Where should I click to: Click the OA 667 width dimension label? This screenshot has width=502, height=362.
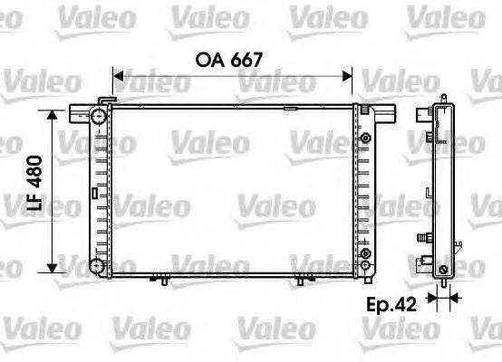click(x=229, y=60)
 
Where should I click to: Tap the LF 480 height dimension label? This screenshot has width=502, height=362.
click(x=34, y=183)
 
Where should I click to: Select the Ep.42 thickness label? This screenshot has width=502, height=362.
click(x=391, y=304)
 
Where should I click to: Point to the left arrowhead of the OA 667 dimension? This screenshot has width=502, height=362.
click(x=118, y=76)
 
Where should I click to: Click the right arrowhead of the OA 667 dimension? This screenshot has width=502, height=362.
click(x=347, y=76)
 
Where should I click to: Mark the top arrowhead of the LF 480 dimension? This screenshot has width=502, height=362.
click(x=52, y=115)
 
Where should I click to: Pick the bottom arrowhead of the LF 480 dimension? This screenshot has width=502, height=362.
click(x=52, y=268)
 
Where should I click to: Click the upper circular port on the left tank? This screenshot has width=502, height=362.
click(x=98, y=116)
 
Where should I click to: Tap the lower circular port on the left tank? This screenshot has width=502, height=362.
click(x=97, y=266)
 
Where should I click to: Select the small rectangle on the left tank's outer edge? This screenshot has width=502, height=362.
click(x=94, y=193)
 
